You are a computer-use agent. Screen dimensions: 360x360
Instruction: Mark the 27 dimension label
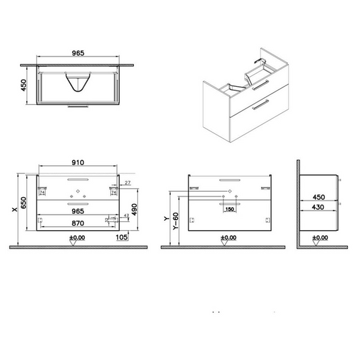[x=127, y=182]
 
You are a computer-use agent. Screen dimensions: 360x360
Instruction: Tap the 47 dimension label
[x=126, y=215]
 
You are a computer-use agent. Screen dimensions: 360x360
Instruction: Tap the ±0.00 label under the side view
[x=316, y=238]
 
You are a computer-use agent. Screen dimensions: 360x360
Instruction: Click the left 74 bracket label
[x=43, y=192]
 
